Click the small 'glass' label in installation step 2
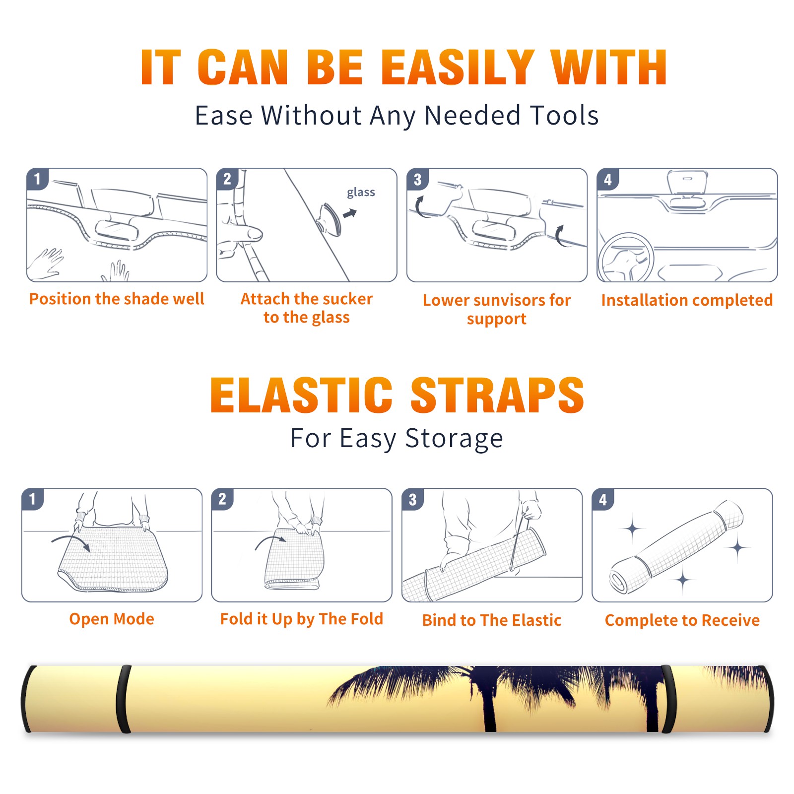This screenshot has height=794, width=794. click(361, 192)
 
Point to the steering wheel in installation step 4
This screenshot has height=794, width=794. click(626, 257)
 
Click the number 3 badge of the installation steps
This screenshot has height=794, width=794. click(417, 179)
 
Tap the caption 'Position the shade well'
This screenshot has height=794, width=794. click(117, 299)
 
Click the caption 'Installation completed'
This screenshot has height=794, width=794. click(687, 300)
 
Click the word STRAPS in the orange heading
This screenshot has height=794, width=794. click(497, 395)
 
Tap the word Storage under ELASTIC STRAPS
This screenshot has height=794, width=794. click(454, 439)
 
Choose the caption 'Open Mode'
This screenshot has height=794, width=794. click(112, 619)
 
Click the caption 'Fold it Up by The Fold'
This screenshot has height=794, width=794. click(302, 619)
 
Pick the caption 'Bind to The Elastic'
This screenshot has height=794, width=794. click(492, 620)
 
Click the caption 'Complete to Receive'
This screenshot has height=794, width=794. click(682, 620)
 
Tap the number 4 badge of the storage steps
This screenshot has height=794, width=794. click(603, 499)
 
